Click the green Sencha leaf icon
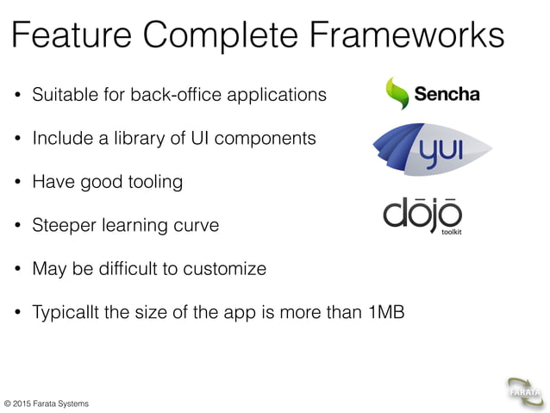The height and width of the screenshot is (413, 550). point(397,93)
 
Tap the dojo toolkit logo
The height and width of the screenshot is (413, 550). point(423,216)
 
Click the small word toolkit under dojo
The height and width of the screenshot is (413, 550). point(452,231)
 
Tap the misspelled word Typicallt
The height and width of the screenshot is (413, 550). point(65,313)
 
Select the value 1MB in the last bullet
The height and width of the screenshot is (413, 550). point(386,312)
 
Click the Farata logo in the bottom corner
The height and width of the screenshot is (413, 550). point(524,393)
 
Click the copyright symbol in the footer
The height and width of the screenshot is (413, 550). point(8,404)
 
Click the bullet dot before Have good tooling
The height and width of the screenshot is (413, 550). point(17,182)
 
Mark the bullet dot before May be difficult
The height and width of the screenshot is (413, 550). point(17,269)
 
